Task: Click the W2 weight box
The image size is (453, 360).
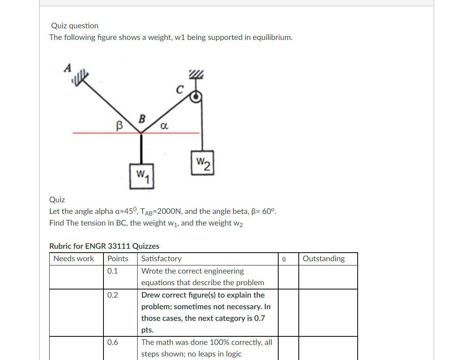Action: (x=202, y=163)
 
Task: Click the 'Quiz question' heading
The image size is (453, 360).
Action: (x=75, y=26)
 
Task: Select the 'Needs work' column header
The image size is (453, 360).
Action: (x=74, y=258)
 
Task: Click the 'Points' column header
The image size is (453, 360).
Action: (x=118, y=258)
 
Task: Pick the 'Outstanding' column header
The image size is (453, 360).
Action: (x=324, y=258)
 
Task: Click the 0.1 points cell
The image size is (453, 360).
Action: (x=112, y=271)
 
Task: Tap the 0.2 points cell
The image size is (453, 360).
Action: (x=112, y=295)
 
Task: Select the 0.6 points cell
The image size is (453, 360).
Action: (x=113, y=342)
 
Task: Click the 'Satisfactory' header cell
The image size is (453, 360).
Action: (x=161, y=258)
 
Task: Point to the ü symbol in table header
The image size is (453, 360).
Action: (x=284, y=259)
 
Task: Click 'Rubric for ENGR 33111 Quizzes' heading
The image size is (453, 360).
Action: (x=104, y=246)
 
